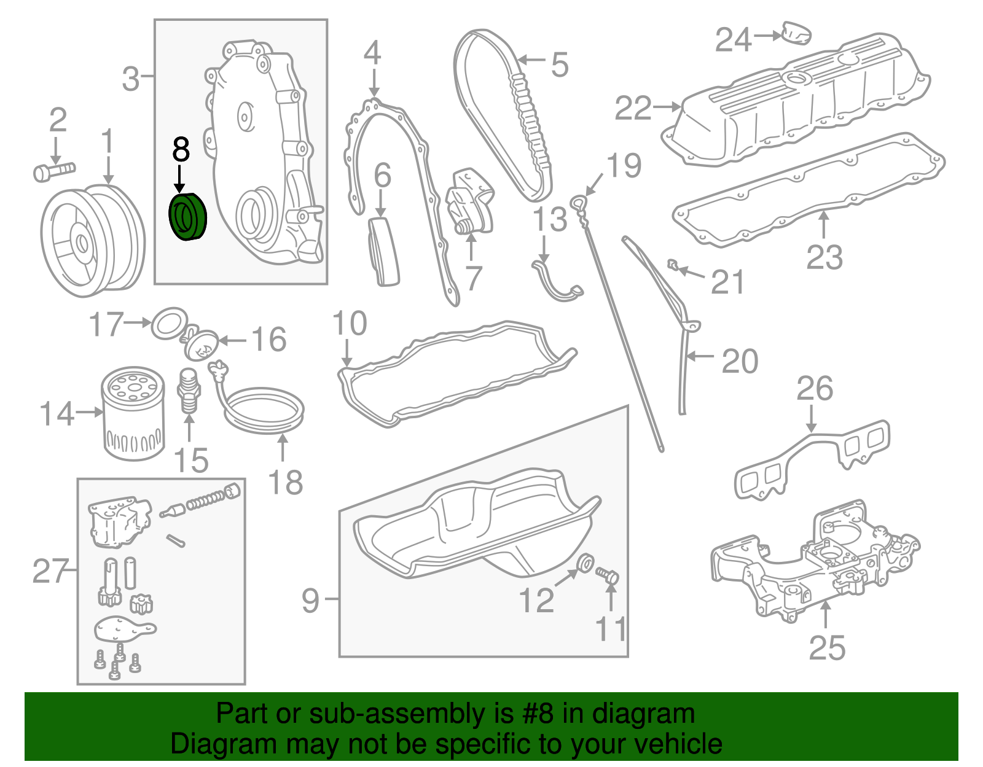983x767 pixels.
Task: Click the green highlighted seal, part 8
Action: tap(188, 217)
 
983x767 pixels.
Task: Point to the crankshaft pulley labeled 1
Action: tap(92, 240)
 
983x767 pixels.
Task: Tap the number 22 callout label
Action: tap(633, 109)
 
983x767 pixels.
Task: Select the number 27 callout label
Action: tap(50, 571)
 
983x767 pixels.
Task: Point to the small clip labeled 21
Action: tap(674, 265)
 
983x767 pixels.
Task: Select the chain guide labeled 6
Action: tap(383, 251)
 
